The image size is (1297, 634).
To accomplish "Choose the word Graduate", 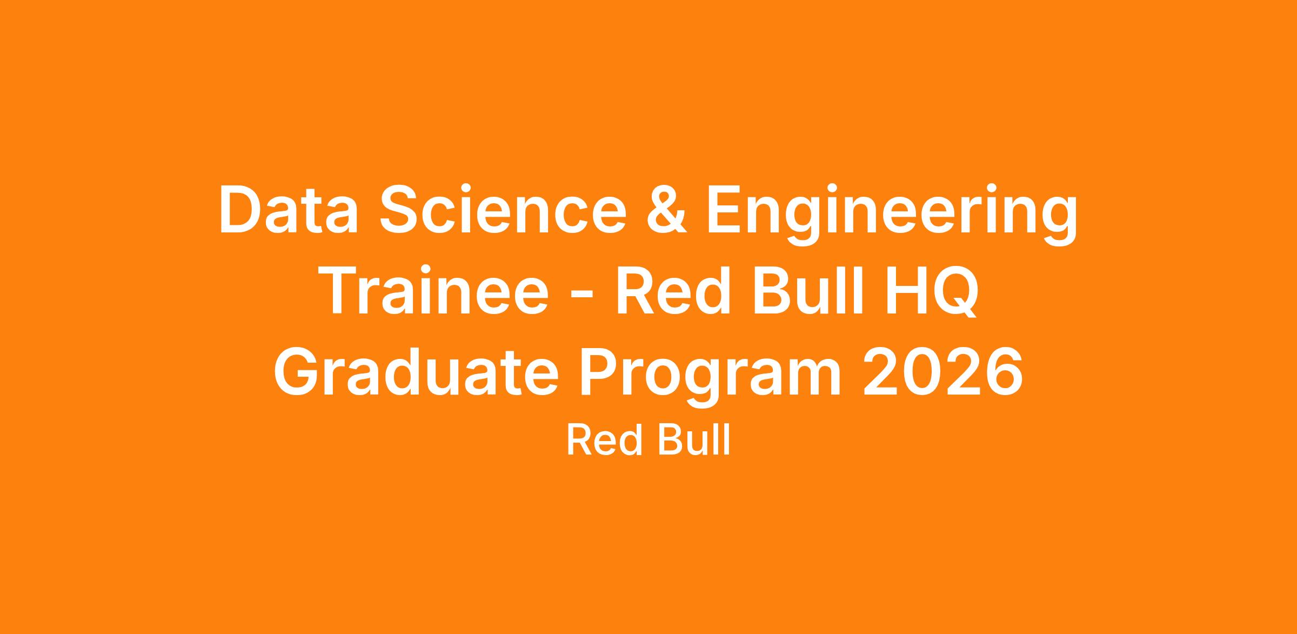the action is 416,371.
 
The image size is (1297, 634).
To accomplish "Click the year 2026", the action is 942,371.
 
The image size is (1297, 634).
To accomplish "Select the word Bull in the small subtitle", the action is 693,441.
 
